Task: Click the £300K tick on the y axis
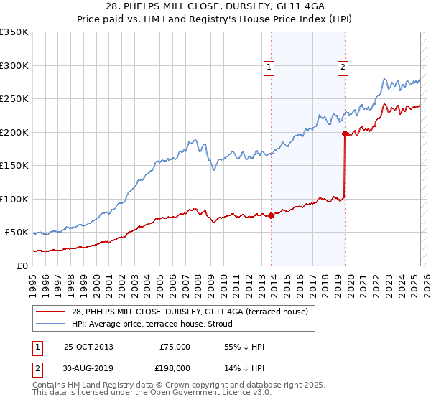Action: tap(14, 65)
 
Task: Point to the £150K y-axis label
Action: tap(14, 165)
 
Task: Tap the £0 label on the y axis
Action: tap(22, 266)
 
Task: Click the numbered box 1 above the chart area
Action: tap(269, 68)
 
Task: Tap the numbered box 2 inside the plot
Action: tap(343, 68)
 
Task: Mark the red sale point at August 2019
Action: tap(345, 134)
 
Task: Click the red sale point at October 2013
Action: tap(271, 215)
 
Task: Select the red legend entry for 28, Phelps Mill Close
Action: tap(190, 311)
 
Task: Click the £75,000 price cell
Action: tap(173, 347)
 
